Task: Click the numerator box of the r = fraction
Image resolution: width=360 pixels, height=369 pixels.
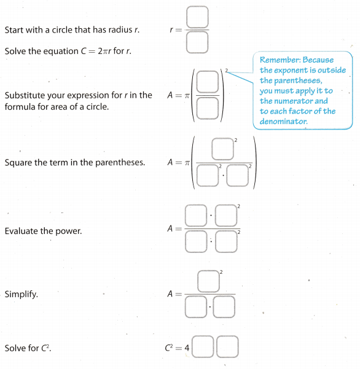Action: [197, 18]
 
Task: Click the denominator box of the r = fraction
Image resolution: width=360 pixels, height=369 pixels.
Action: [197, 42]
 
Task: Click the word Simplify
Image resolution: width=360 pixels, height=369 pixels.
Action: [21, 294]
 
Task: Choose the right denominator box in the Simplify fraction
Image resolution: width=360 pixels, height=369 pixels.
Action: [224, 307]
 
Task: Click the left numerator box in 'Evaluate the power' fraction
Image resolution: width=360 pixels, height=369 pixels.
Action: [196, 217]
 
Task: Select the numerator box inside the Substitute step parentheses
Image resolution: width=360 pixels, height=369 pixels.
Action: [208, 82]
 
